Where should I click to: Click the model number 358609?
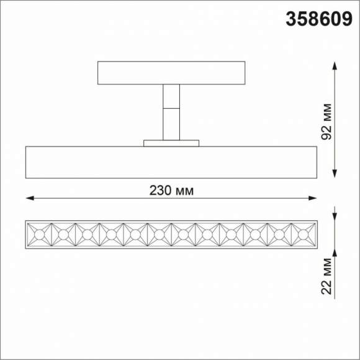(316, 20)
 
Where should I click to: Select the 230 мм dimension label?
(171, 191)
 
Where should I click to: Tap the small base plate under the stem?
(171, 143)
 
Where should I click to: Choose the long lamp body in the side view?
(171, 163)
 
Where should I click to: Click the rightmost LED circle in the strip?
(303, 234)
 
